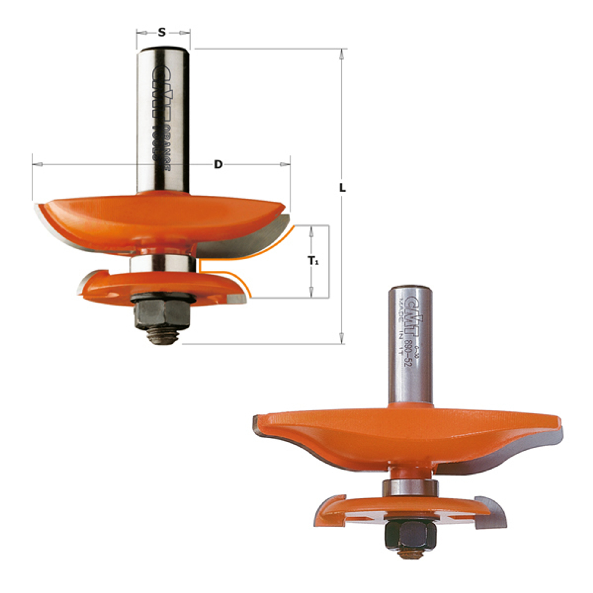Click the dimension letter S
[162, 32]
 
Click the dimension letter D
[218, 164]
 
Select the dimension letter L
[342, 188]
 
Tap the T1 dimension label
[313, 261]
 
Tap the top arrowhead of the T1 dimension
[312, 231]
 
